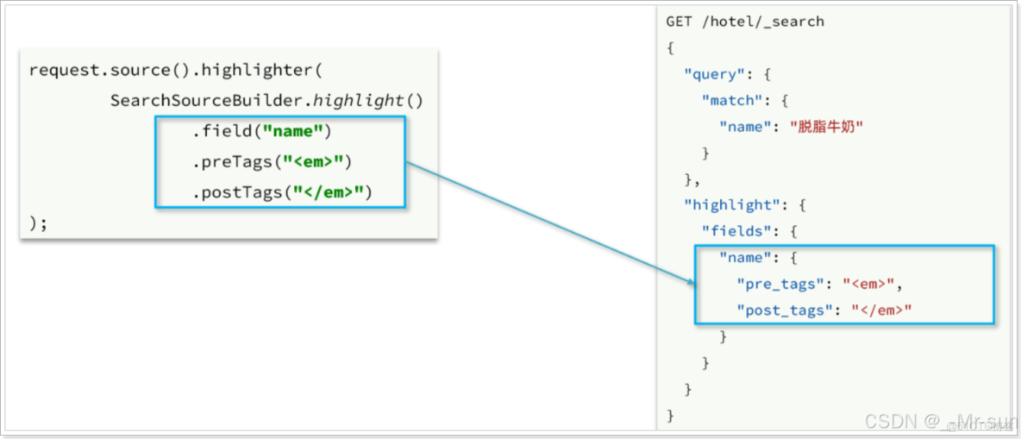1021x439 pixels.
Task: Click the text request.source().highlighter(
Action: click(175, 70)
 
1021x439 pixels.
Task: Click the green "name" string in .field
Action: click(293, 132)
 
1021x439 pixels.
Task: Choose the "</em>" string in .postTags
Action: click(327, 192)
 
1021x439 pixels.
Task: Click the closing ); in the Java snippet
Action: click(38, 223)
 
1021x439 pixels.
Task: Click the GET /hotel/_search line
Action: click(745, 22)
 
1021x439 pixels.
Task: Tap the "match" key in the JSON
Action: click(729, 100)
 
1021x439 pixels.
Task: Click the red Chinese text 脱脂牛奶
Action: click(826, 127)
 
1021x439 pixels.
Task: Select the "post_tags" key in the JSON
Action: click(785, 310)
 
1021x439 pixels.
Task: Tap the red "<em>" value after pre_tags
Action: click(874, 284)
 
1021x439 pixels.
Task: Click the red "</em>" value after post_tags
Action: click(882, 310)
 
